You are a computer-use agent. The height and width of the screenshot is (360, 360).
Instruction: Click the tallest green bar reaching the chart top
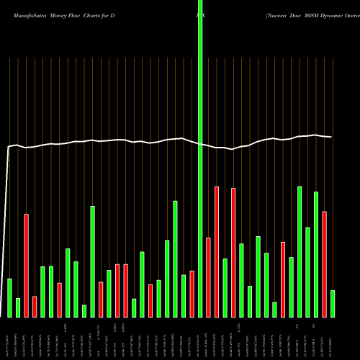(x=200, y=144)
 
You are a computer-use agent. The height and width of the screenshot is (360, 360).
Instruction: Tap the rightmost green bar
(x=333, y=303)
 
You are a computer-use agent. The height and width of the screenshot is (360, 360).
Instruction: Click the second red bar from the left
(x=35, y=306)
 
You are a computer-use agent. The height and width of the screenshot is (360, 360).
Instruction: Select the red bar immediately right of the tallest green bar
(x=209, y=277)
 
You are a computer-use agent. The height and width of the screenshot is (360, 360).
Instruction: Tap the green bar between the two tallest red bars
(x=225, y=287)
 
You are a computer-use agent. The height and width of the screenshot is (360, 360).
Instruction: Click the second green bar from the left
(x=18, y=307)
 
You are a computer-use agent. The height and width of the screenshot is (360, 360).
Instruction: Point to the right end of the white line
(x=331, y=137)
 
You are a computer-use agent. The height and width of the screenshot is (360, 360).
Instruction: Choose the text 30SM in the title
(x=312, y=14)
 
